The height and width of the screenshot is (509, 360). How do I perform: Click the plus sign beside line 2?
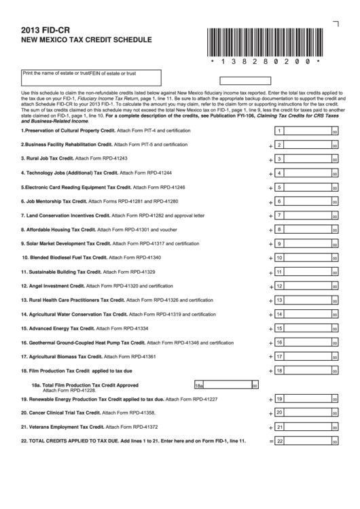[x=270, y=145]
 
